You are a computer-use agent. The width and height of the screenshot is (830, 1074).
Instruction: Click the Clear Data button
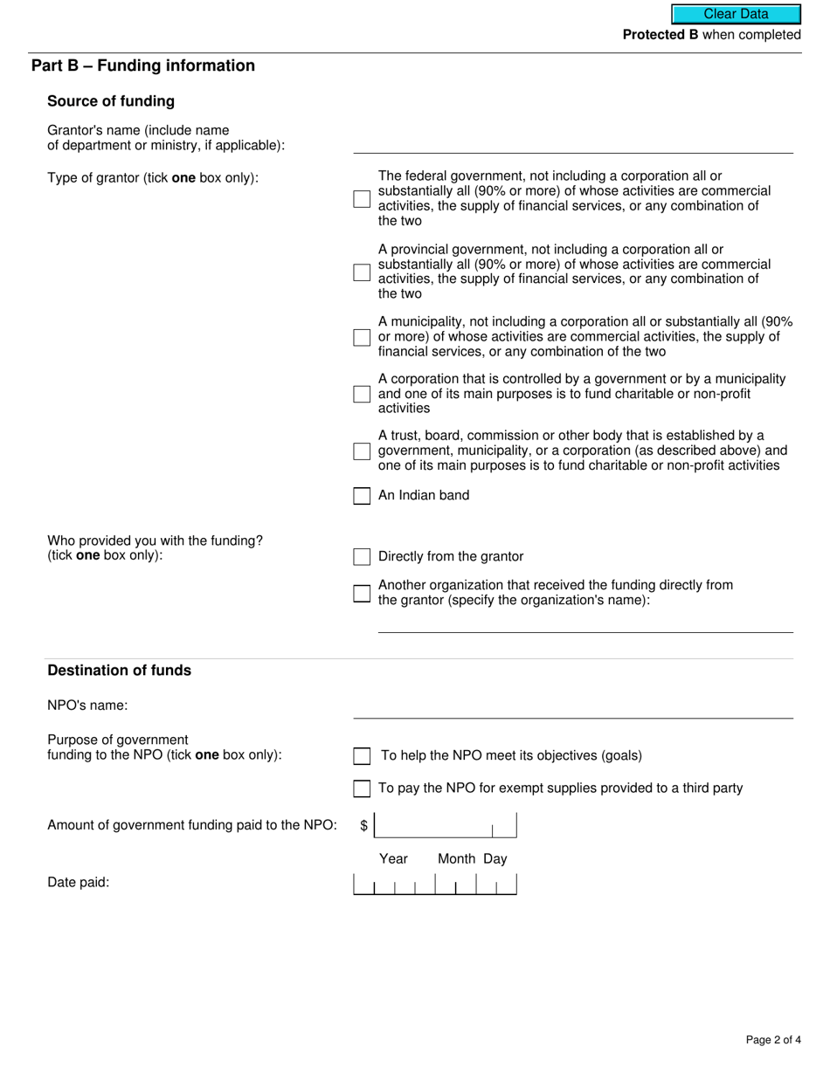tap(736, 14)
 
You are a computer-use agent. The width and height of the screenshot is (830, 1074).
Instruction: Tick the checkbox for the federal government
tap(362, 199)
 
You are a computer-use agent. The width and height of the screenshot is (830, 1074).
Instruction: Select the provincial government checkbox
tap(362, 272)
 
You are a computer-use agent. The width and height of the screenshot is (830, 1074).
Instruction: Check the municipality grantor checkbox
tap(362, 337)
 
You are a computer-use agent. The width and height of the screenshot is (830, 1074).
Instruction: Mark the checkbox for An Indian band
tap(362, 496)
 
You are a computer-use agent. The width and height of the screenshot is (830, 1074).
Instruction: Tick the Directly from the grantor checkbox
tap(362, 557)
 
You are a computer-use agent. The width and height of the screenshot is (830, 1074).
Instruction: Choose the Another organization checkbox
tap(362, 594)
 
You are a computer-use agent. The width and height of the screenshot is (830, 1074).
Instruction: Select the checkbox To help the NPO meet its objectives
tap(362, 756)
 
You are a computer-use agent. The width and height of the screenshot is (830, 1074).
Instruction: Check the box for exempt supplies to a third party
tap(362, 788)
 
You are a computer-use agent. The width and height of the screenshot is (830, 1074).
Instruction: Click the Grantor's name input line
tap(573, 143)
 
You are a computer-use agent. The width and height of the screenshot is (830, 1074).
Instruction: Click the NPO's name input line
tap(573, 708)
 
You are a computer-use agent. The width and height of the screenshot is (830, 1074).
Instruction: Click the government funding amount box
tap(445, 825)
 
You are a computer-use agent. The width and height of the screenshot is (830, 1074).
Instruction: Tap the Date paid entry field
tap(434, 884)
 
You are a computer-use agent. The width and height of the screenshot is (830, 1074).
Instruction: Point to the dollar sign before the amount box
tap(364, 826)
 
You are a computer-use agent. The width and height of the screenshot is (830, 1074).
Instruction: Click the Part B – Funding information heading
tap(143, 66)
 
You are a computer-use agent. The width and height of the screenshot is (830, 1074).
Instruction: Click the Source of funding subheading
tap(111, 101)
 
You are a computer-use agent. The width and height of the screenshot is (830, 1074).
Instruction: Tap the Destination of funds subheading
tap(119, 671)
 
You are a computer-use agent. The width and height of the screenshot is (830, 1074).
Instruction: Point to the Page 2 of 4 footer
tap(773, 1039)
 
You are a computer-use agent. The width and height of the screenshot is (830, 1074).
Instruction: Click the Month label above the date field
tap(456, 859)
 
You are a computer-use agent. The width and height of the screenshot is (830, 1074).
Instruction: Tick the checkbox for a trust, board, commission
tap(362, 451)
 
